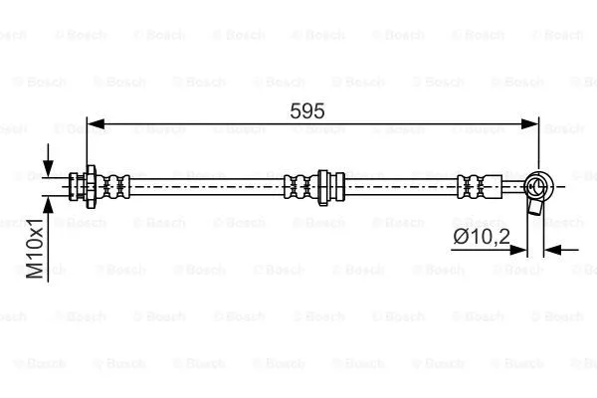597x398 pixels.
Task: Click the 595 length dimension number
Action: [307, 111]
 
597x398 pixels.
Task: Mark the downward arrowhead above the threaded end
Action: [47, 165]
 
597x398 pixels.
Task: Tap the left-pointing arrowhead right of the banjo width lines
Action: [553, 250]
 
